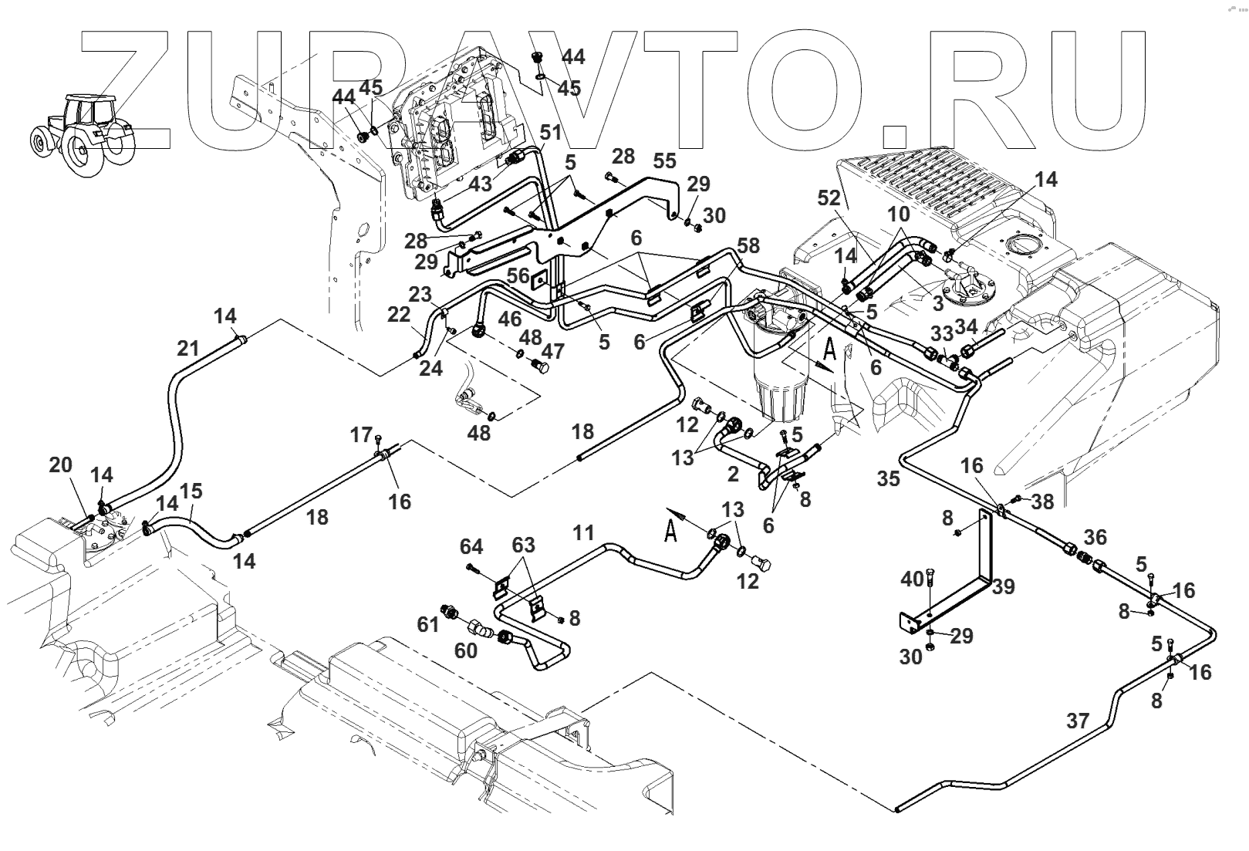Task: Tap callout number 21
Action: tap(188, 349)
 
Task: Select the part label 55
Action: tap(664, 160)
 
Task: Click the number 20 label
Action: tap(60, 464)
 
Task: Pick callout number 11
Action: tap(583, 532)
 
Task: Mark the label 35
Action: tap(888, 478)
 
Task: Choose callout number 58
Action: tap(748, 245)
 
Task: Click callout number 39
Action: tap(1003, 586)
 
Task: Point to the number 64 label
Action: tap(471, 547)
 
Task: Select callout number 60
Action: tap(465, 650)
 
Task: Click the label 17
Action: tap(361, 435)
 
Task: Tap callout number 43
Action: tap(480, 184)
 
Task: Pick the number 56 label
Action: tap(518, 276)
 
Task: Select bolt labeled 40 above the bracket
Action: tap(930, 594)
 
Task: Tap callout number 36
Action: tap(1095, 537)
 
